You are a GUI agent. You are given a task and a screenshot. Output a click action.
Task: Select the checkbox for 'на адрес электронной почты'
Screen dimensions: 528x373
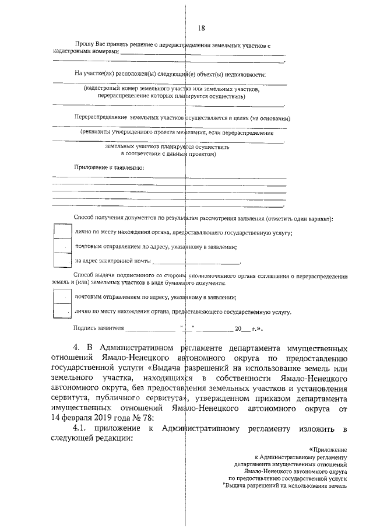pos(62,260)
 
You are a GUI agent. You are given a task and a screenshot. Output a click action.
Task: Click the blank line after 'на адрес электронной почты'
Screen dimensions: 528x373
pos(195,263)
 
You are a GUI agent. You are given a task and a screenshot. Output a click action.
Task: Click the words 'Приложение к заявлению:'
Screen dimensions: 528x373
pos(109,167)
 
